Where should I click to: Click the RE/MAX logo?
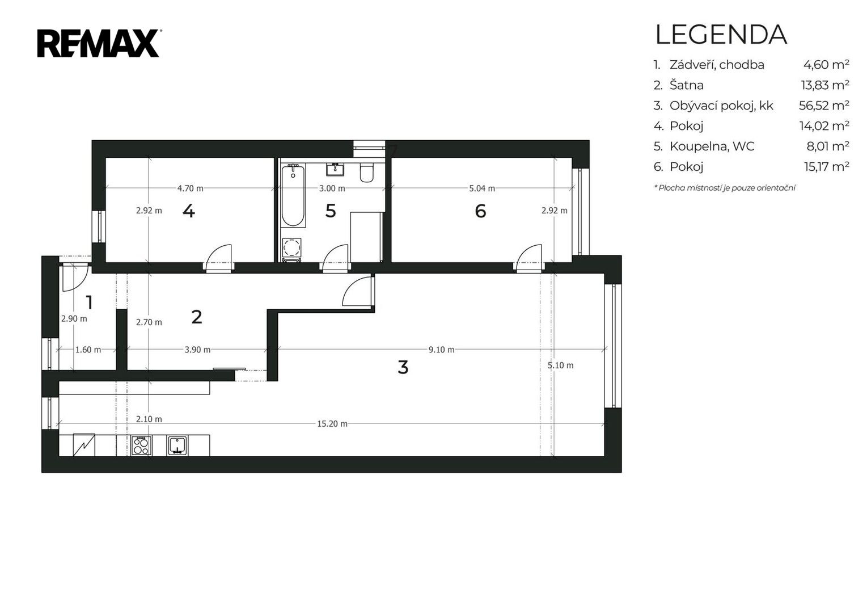99,43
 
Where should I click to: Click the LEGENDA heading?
721,35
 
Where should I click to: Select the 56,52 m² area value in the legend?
824,105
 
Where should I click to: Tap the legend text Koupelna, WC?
712,146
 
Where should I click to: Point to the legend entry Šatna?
686,85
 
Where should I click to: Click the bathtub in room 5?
293,195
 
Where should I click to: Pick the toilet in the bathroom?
366,173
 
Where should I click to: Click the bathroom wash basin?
335,169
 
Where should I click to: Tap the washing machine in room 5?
291,247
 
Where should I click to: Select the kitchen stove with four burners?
141,445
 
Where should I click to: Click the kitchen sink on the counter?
177,445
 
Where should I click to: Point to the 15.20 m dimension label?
332,424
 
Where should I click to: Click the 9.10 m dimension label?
441,350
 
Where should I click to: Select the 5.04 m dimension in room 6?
482,188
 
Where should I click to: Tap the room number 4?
188,211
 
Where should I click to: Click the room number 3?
403,367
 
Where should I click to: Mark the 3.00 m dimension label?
332,188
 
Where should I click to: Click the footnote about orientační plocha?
725,188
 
